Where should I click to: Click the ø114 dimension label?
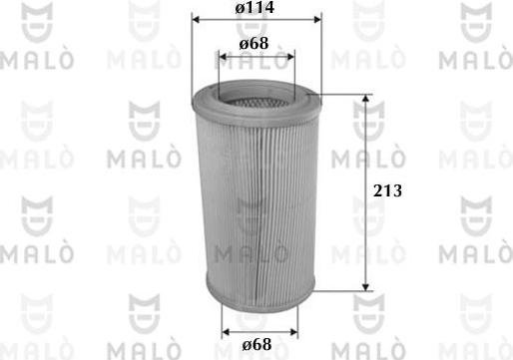256,8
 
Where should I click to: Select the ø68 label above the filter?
256,45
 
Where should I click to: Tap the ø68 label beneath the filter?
256,344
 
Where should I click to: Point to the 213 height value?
387,191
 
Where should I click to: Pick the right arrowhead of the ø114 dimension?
318,19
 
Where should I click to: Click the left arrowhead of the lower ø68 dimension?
224,330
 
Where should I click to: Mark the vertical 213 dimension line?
368,150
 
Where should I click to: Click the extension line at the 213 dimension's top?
344,97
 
